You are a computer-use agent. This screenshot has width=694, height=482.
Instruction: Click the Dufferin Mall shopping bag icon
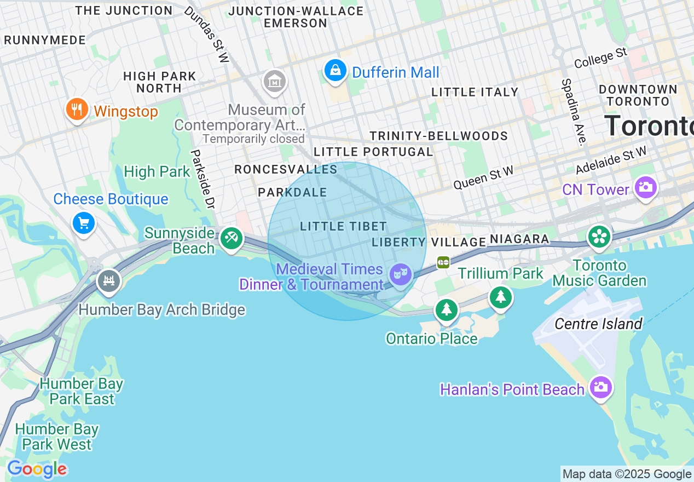[x=335, y=70]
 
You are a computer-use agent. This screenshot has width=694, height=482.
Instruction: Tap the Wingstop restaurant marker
[x=77, y=109]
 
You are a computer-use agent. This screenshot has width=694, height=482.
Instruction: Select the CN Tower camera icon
[x=645, y=188]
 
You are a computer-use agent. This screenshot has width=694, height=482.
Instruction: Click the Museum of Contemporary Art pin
[x=275, y=82]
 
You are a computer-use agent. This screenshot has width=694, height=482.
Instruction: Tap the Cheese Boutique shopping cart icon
[x=84, y=223]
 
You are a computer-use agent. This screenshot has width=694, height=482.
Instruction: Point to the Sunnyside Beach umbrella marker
[x=232, y=238]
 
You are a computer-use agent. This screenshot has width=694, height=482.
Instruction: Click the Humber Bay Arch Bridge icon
[x=108, y=281]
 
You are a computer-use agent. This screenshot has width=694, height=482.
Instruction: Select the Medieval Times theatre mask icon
[x=401, y=273]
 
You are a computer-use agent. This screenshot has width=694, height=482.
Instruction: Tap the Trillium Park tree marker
[x=500, y=297]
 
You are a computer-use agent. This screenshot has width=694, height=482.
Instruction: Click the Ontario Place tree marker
[x=447, y=309]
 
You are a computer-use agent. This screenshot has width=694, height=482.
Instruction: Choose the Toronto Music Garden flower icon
[x=599, y=237]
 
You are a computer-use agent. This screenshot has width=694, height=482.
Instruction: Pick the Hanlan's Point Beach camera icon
[x=600, y=387]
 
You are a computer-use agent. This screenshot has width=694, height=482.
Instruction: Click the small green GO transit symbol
[x=443, y=263]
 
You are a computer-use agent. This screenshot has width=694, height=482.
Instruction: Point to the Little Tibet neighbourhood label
[x=343, y=226]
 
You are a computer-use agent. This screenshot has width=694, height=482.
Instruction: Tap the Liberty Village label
[x=429, y=242]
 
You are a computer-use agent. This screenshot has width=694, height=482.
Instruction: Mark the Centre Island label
[x=598, y=324]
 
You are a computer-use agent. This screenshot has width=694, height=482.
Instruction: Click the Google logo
[x=37, y=469]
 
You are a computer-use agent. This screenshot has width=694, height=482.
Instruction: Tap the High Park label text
[x=157, y=171]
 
